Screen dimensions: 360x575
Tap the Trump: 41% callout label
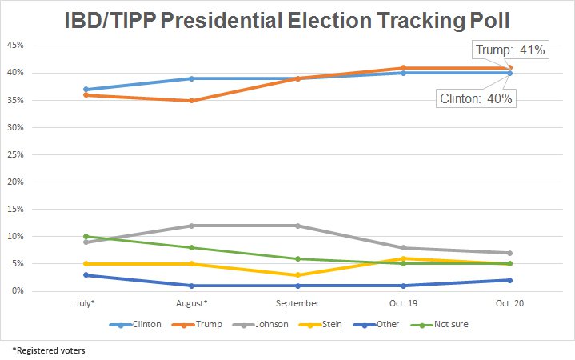click(x=510, y=50)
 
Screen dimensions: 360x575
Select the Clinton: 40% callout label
click(x=476, y=99)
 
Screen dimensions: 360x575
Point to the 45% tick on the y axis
click(x=15, y=46)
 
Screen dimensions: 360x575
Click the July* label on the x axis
click(x=85, y=304)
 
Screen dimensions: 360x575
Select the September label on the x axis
click(x=297, y=304)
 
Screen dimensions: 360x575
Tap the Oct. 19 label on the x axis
click(x=404, y=304)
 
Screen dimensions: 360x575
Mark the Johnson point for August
click(x=191, y=226)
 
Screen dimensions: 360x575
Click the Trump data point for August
click(x=191, y=101)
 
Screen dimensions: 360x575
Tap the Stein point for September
click(x=297, y=274)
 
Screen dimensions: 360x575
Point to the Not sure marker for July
click(x=85, y=237)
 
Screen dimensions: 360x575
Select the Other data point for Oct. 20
click(x=510, y=280)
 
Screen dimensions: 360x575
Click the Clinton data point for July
click(x=85, y=90)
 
